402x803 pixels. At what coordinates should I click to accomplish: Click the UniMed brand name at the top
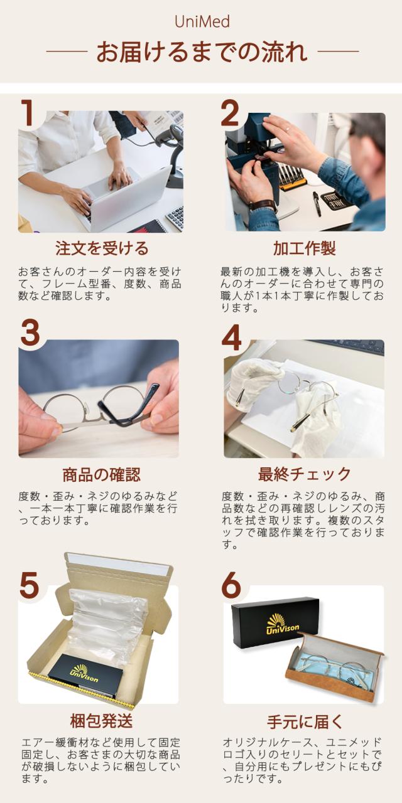coord(202,22)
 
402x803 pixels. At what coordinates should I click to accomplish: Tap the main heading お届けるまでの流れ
coord(202,51)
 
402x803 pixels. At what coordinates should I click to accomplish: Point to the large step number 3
coord(30,333)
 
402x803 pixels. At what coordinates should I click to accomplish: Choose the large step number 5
coord(29,585)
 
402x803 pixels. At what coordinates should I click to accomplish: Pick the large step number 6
coord(231,585)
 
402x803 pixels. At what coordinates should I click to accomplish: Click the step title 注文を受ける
coord(102,248)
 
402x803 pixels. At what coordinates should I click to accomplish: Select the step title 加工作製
coord(305,248)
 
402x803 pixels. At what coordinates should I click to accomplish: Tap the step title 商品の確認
coord(102,475)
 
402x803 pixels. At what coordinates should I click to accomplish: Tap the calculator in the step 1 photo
coord(175,218)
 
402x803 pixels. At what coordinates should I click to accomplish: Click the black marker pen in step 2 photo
coord(317,204)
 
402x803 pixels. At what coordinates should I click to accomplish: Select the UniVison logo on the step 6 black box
coord(282,623)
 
